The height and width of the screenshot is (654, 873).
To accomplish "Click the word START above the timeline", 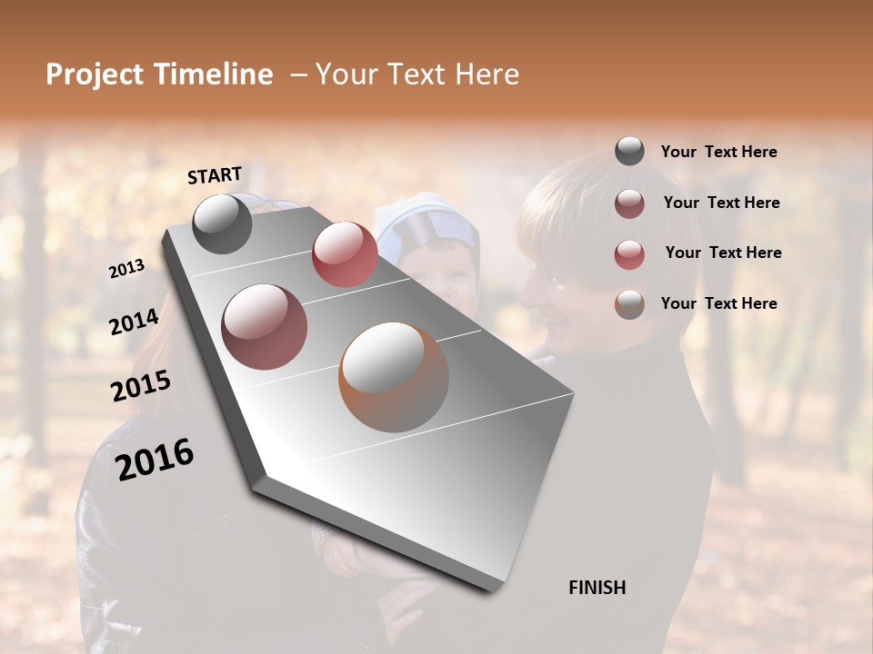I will [x=215, y=175].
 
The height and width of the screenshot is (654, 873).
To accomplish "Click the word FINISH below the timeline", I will [x=597, y=588].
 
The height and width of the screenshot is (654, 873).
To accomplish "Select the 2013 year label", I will [x=127, y=269].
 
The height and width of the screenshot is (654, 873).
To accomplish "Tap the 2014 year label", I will [x=134, y=322].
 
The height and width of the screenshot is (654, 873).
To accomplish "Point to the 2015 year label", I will [x=141, y=386].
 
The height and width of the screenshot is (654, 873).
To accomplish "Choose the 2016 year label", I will [x=155, y=459].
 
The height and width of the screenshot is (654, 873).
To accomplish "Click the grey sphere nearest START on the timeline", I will [x=222, y=223].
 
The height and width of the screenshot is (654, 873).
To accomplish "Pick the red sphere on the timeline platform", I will [x=345, y=253].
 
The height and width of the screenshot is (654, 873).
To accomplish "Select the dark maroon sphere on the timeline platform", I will [x=264, y=326].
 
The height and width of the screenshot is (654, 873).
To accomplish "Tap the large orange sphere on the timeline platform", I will [x=394, y=377].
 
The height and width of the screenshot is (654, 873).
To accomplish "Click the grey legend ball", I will [x=629, y=152].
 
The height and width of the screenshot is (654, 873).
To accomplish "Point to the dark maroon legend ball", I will [x=629, y=203].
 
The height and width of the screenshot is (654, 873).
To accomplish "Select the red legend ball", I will [x=629, y=254].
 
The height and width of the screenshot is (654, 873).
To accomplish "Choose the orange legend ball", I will [x=629, y=304].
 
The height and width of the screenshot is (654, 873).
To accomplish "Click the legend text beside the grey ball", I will [x=718, y=153].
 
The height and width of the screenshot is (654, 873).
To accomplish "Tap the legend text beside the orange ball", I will [x=718, y=303].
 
